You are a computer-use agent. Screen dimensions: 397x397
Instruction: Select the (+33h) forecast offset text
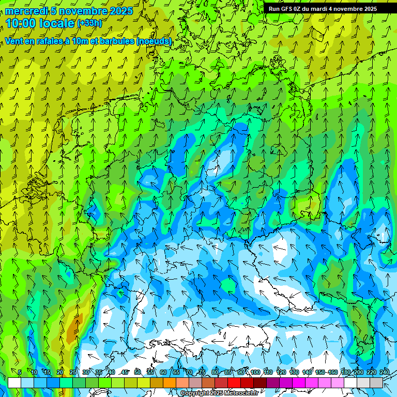click(x=89, y=23)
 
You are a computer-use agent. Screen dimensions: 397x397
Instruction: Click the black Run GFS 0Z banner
click(x=323, y=9)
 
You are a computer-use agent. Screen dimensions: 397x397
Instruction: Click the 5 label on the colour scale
click(x=20, y=373)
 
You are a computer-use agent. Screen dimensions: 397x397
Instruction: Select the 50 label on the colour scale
click(x=138, y=373)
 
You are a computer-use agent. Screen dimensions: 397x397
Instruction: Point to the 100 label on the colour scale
click(x=255, y=373)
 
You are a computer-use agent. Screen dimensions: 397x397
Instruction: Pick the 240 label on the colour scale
click(x=385, y=373)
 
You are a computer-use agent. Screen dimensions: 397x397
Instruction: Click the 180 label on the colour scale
click(x=346, y=373)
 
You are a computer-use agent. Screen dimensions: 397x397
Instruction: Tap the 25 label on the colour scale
click(x=73, y=373)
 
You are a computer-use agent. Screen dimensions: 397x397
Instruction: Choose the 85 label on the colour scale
click(x=228, y=373)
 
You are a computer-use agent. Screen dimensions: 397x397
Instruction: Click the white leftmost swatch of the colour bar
click(x=14, y=383)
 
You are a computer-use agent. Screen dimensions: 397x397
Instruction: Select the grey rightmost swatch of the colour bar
click(x=376, y=383)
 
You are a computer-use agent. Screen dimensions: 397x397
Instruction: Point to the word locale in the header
click(x=56, y=23)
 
